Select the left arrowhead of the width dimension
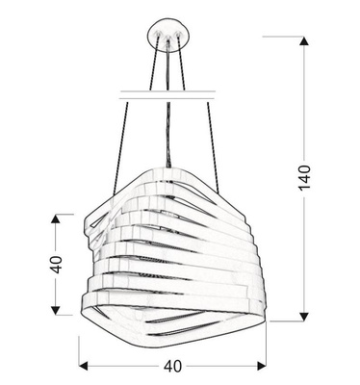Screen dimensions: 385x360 pyautogui.click(x=84, y=366)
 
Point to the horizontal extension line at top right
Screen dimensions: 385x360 pyautogui.click(x=285, y=37)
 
